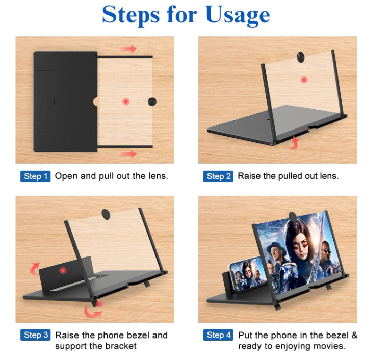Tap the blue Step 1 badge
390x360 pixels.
point(35,176)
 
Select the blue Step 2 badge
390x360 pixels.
point(218,176)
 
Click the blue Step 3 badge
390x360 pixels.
point(35,335)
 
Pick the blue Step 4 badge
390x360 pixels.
point(218,335)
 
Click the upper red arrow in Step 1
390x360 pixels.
point(128,49)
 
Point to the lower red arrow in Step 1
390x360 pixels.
point(128,154)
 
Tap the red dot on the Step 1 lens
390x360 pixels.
point(126,101)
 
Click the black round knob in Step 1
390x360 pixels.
point(152,101)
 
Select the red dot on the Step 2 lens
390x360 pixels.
point(304,80)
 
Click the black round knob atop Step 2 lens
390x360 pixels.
point(301,57)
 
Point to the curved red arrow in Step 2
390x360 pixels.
point(294,143)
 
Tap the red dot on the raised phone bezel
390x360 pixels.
point(63,270)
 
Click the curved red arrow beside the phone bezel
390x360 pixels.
point(34,269)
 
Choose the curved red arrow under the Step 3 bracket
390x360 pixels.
point(92,312)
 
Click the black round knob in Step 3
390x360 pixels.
point(106,214)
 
